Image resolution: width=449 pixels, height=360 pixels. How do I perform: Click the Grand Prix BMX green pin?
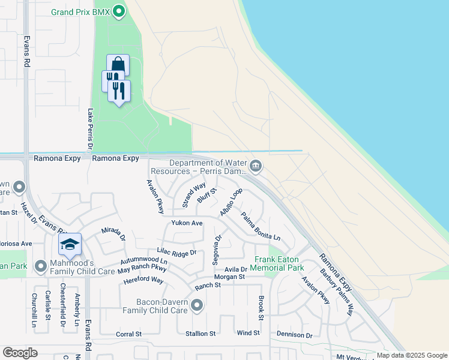(119, 11)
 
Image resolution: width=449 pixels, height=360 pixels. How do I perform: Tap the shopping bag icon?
(118, 64)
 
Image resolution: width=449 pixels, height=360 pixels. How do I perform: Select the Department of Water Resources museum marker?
(256, 167)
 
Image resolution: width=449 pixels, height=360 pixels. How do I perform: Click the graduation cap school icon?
(70, 244)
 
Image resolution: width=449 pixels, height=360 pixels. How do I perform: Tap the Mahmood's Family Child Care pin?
(41, 265)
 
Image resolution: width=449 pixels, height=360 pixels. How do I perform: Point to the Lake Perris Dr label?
(91, 129)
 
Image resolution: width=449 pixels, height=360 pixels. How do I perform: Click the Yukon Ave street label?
(187, 223)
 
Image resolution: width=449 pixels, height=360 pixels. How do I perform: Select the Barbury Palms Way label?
(337, 286)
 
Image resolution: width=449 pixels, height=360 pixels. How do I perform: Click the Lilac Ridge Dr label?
(176, 253)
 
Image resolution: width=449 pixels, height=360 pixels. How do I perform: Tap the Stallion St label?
(200, 334)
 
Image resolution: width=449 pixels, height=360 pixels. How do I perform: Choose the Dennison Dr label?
(294, 334)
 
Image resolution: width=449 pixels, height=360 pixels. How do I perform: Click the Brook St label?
(261, 307)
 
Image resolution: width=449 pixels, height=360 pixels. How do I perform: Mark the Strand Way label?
(194, 194)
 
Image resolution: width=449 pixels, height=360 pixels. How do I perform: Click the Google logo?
(20, 353)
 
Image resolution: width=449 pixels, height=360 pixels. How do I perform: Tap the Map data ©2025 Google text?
(411, 355)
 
